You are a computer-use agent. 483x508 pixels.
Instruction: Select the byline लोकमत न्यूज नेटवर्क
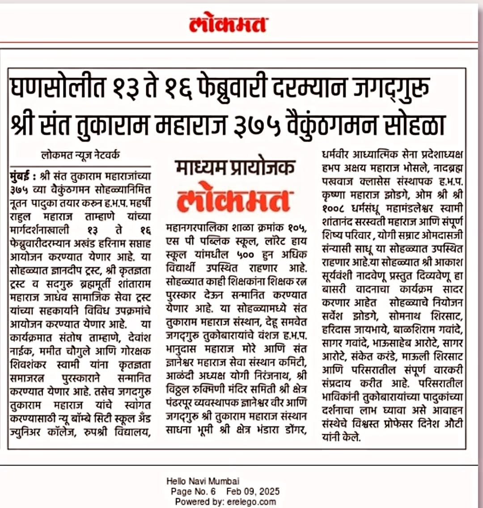click(x=80, y=156)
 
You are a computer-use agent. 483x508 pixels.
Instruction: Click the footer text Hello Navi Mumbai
click(x=203, y=481)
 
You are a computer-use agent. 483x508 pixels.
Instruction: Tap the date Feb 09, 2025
click(x=253, y=491)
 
